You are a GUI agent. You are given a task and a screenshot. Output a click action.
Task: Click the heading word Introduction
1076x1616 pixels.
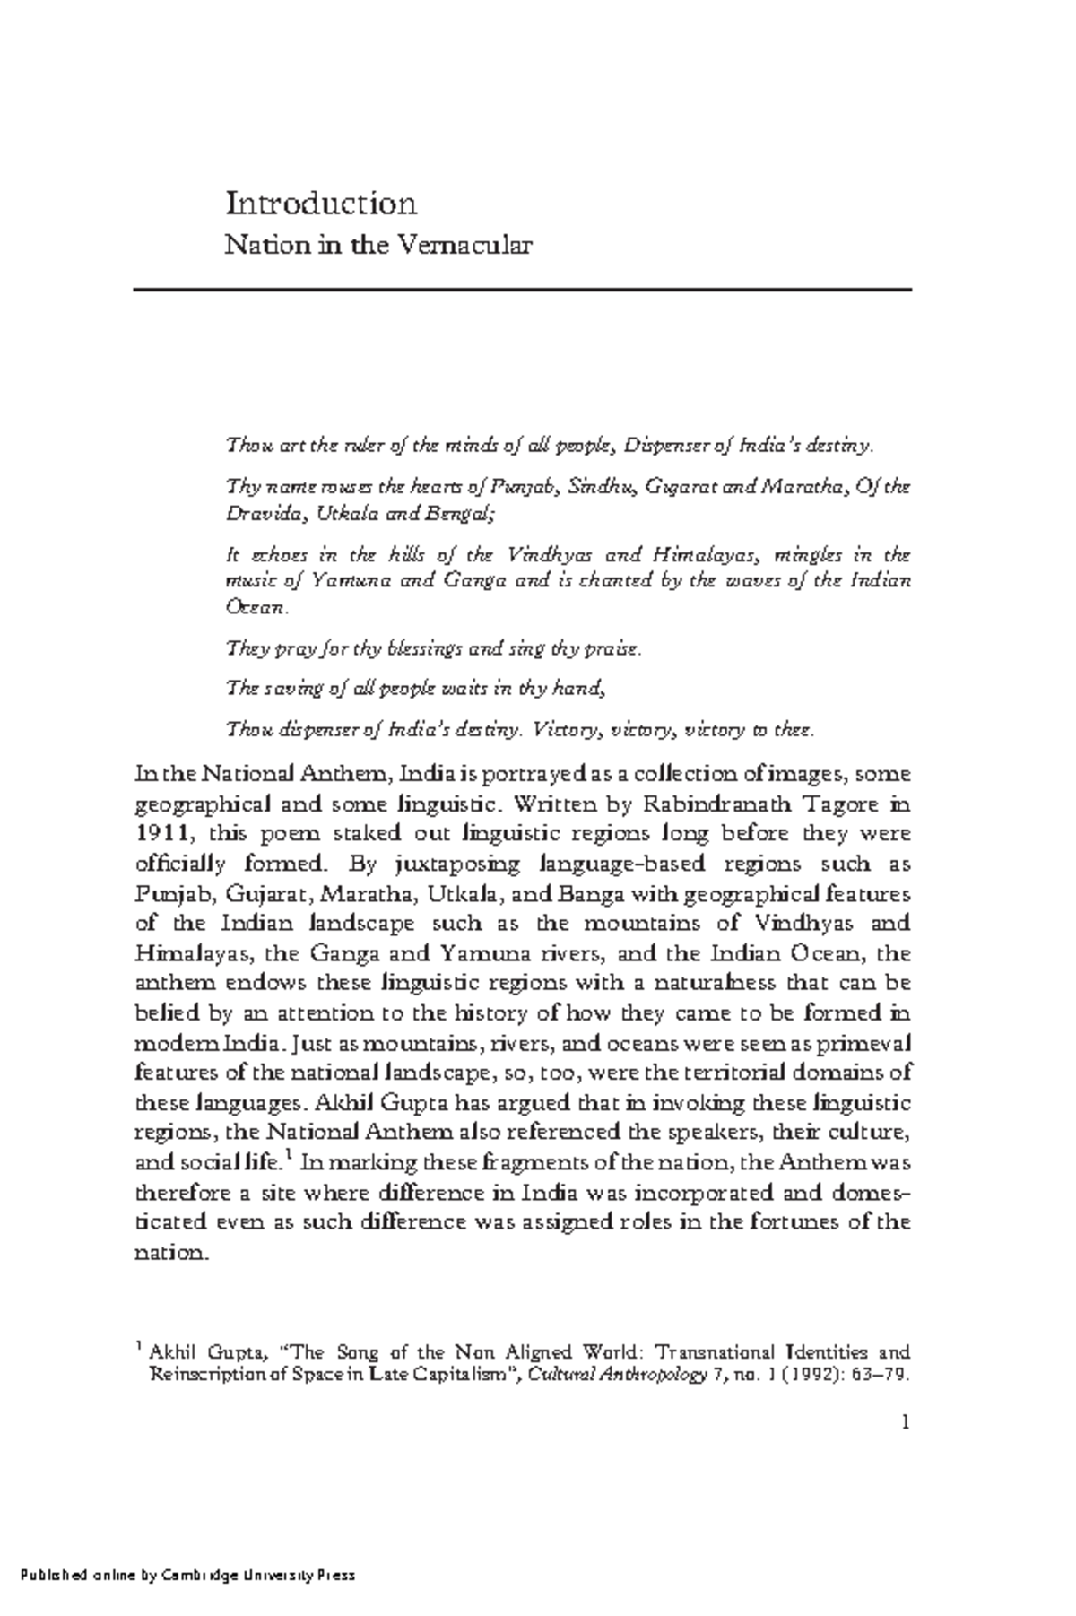click(321, 204)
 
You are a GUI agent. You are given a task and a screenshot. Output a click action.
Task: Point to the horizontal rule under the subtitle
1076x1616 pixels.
click(522, 290)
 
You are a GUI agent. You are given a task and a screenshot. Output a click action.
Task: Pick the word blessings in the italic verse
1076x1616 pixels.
click(433, 648)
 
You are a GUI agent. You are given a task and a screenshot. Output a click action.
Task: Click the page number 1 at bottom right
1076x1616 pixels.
click(906, 1422)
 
